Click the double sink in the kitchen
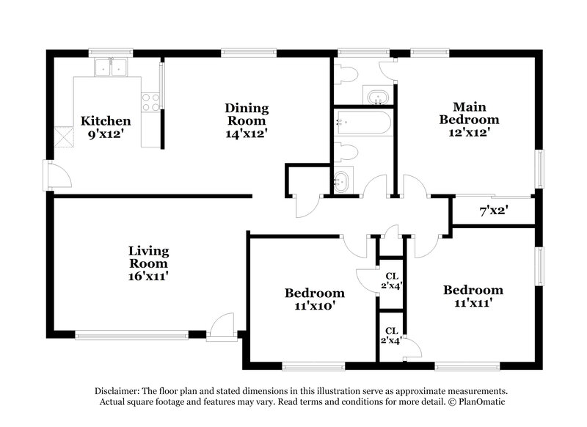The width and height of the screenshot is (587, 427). [x=111, y=68]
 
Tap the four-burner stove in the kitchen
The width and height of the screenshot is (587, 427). [x=150, y=102]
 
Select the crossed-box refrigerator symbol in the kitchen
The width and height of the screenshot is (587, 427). [x=65, y=136]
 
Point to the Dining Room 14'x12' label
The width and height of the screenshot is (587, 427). [x=247, y=120]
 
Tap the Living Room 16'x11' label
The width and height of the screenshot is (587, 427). [x=149, y=263]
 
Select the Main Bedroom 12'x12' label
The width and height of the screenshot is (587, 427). [x=469, y=119]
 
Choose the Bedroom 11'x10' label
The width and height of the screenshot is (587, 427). [x=315, y=299]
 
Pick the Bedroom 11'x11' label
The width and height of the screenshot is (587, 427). [x=473, y=296]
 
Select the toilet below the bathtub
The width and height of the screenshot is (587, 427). [x=346, y=152]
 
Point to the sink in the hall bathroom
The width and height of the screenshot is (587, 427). [x=343, y=181]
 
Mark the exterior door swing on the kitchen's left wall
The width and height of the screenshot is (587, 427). [x=58, y=176]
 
